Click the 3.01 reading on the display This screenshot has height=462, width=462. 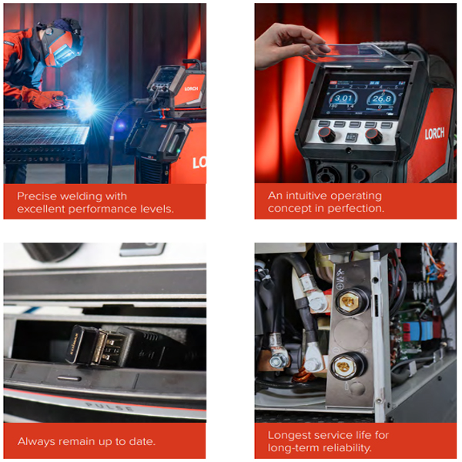343,98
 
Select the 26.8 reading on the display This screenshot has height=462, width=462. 382,99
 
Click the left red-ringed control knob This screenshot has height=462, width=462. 326,135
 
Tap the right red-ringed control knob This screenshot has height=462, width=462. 374,136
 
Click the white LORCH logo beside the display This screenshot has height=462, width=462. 434,133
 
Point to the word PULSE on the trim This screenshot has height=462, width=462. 109,407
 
